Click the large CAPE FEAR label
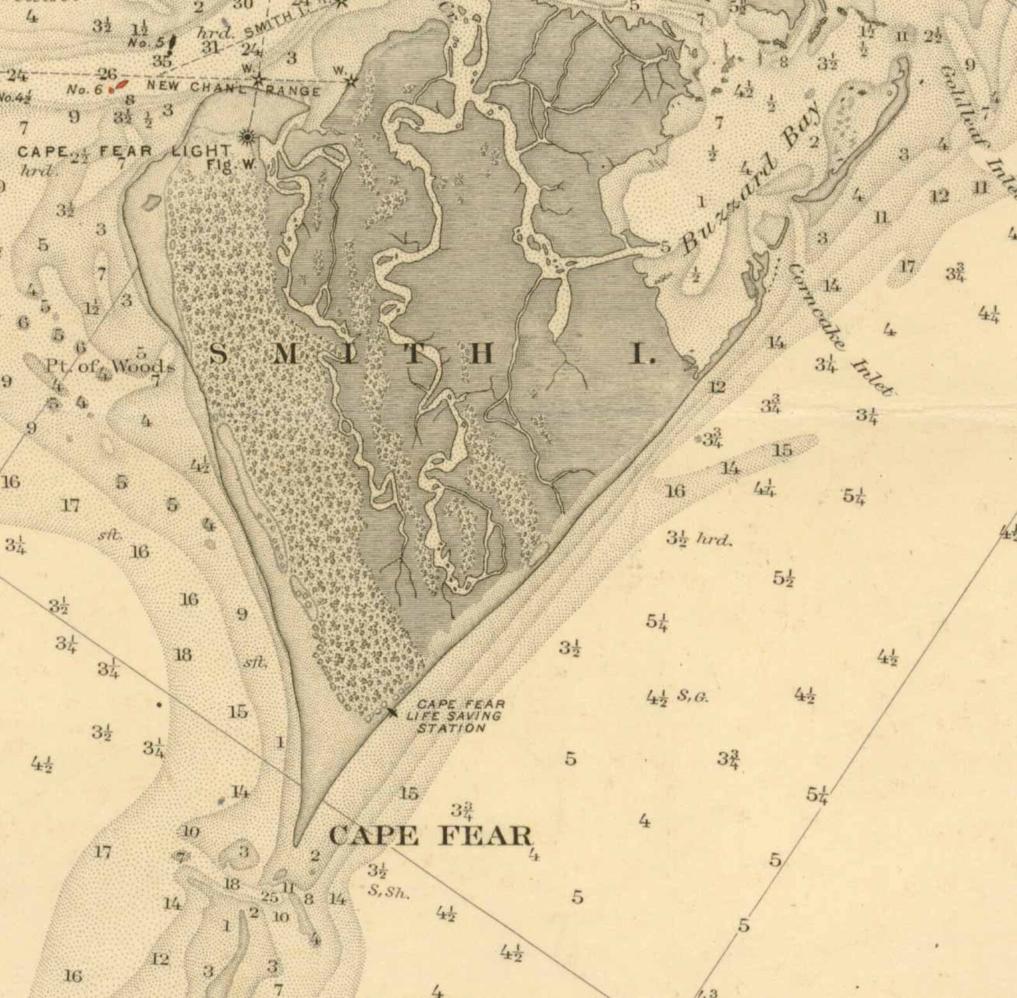coord(430,836)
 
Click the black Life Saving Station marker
coord(391,710)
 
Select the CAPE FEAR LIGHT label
coord(124,152)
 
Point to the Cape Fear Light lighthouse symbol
coord(247,136)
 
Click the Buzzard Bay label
coord(749,181)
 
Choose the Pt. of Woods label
coord(109,366)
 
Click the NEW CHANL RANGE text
coord(234,87)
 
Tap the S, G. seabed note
coord(693,696)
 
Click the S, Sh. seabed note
coord(388,892)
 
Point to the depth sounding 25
coord(270,897)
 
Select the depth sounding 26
coord(108,74)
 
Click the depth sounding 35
coord(161,61)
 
